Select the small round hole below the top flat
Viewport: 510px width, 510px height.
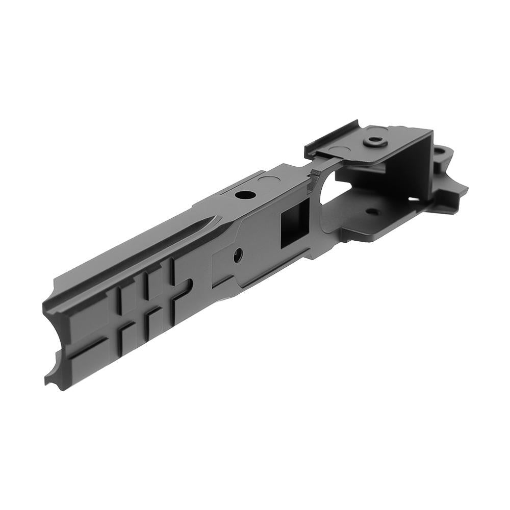point(238,253)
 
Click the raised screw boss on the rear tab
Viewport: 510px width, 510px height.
point(376,141)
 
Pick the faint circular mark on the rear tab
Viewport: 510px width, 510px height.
point(341,149)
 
